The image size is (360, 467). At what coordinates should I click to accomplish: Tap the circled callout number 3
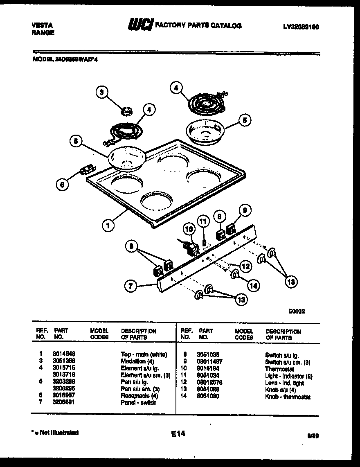(103, 92)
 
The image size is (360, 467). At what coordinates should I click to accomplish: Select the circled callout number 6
(62, 185)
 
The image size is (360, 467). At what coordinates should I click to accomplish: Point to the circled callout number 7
(131, 287)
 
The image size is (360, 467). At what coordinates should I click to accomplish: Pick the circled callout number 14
(254, 285)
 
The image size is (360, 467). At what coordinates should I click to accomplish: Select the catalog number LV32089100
(301, 27)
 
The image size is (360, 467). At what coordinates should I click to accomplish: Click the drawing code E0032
(296, 311)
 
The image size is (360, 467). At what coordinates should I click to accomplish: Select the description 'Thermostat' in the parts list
(279, 369)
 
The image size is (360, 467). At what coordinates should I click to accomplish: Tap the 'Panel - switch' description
(138, 403)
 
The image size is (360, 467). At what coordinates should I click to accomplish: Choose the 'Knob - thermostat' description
(288, 397)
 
